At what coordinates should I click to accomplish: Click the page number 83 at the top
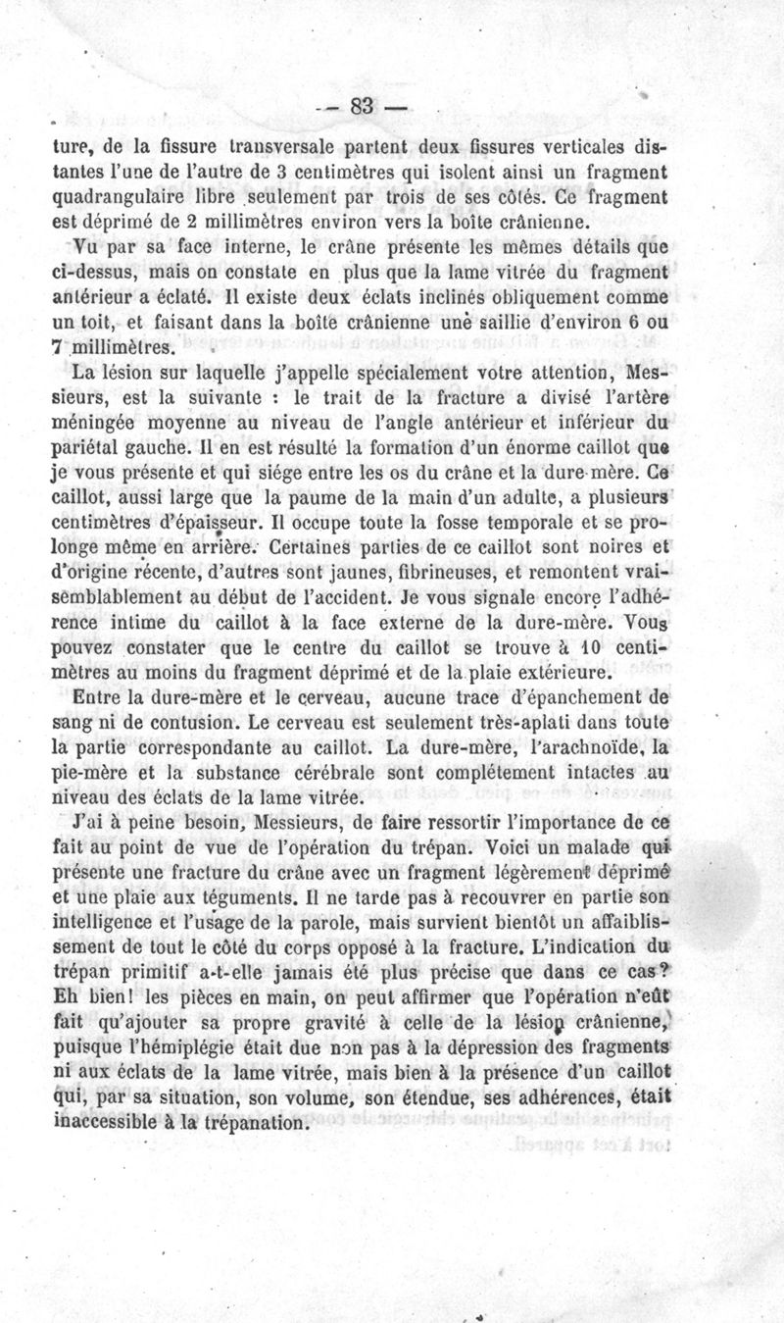click(363, 108)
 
